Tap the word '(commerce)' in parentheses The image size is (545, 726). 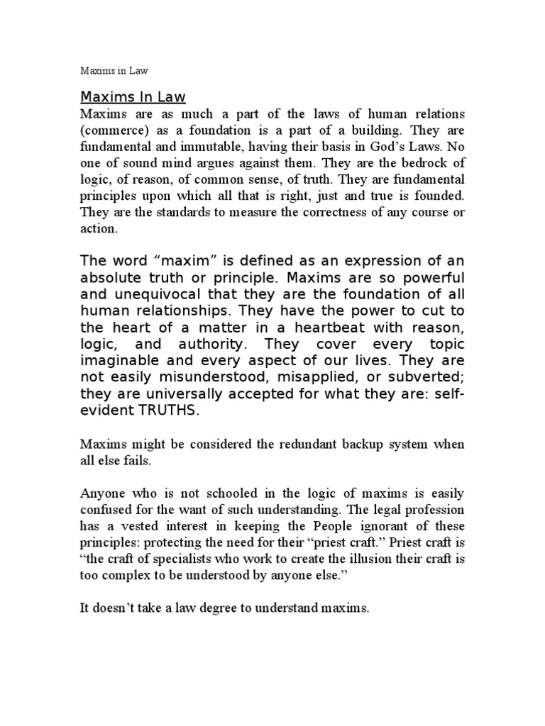tap(110, 130)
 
